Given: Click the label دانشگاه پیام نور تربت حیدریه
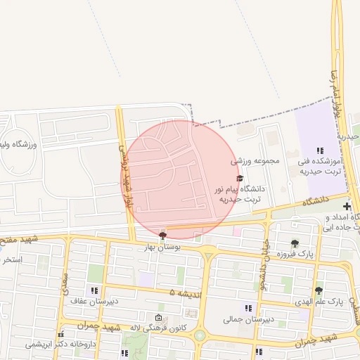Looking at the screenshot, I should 243,193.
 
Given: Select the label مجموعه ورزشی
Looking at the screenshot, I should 256,161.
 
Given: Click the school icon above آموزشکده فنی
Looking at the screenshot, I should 320,150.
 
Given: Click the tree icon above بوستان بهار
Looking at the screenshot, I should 163,235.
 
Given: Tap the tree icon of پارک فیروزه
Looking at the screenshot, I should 294,243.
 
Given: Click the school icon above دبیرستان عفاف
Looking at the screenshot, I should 94,290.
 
